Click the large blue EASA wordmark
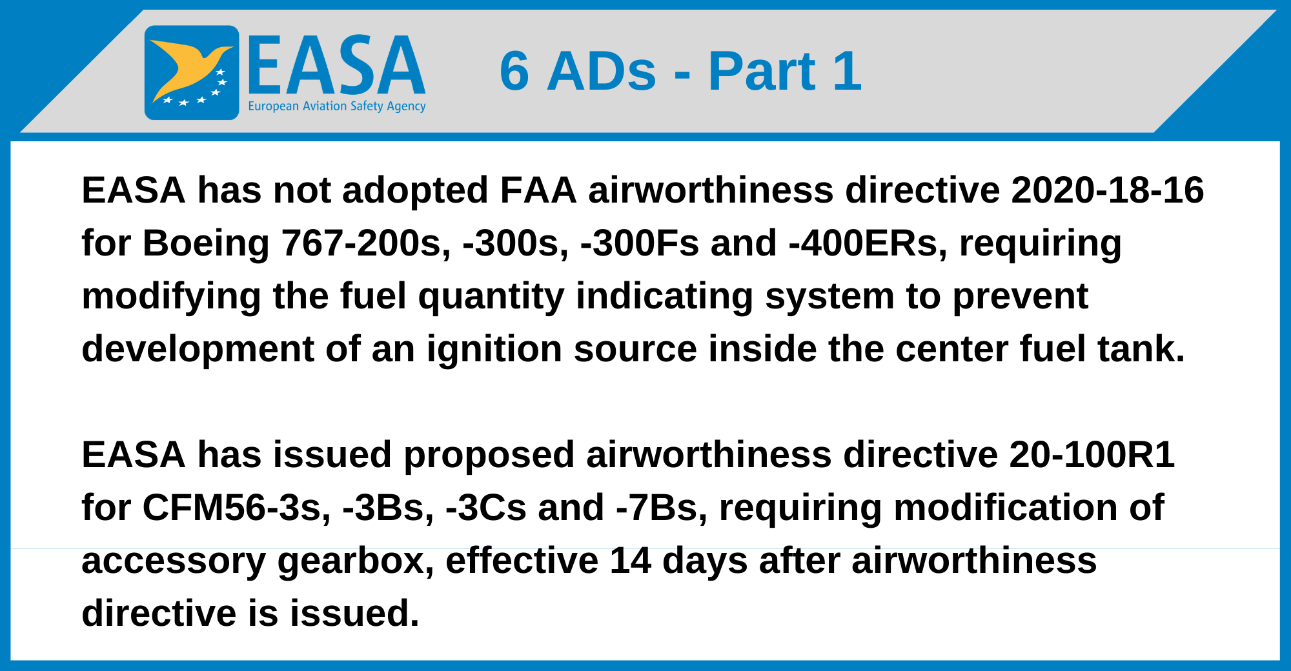point(336,65)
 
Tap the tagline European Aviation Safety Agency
point(337,106)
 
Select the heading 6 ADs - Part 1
point(680,71)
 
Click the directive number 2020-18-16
point(1108,190)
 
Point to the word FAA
point(538,190)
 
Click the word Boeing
point(206,244)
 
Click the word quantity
point(491,297)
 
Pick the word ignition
point(494,350)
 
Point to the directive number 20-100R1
point(1092,455)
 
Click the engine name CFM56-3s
point(237,508)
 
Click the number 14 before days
point(630,561)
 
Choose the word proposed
point(489,456)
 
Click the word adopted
point(415,192)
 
